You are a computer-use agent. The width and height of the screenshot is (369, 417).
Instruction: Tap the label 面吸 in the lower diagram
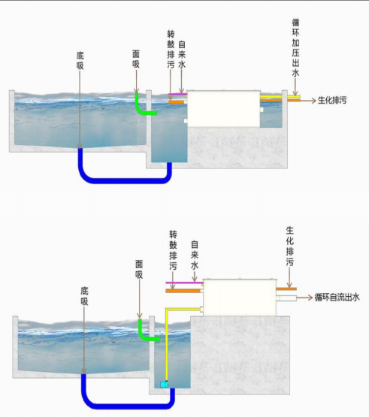click(139, 270)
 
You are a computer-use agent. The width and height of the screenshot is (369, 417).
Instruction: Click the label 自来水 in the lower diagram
click(195, 255)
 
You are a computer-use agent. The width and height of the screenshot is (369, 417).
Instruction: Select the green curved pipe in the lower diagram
click(147, 334)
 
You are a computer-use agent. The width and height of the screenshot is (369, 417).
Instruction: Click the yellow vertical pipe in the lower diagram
click(166, 346)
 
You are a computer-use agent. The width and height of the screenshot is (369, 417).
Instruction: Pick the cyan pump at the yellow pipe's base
click(165, 384)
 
